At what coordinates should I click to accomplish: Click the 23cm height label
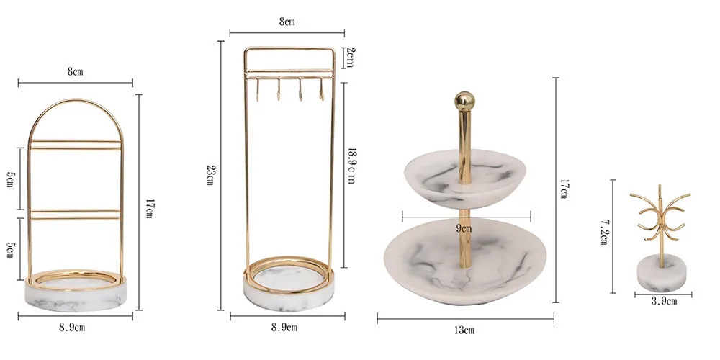coord(210,174)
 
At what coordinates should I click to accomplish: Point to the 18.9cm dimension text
coord(351,166)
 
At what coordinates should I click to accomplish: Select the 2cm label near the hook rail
coord(349,58)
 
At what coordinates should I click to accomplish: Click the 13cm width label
coord(464,330)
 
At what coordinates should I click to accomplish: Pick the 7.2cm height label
coord(605,232)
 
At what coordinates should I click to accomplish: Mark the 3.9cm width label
coord(664,302)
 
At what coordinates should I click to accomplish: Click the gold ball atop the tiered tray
coord(464,101)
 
